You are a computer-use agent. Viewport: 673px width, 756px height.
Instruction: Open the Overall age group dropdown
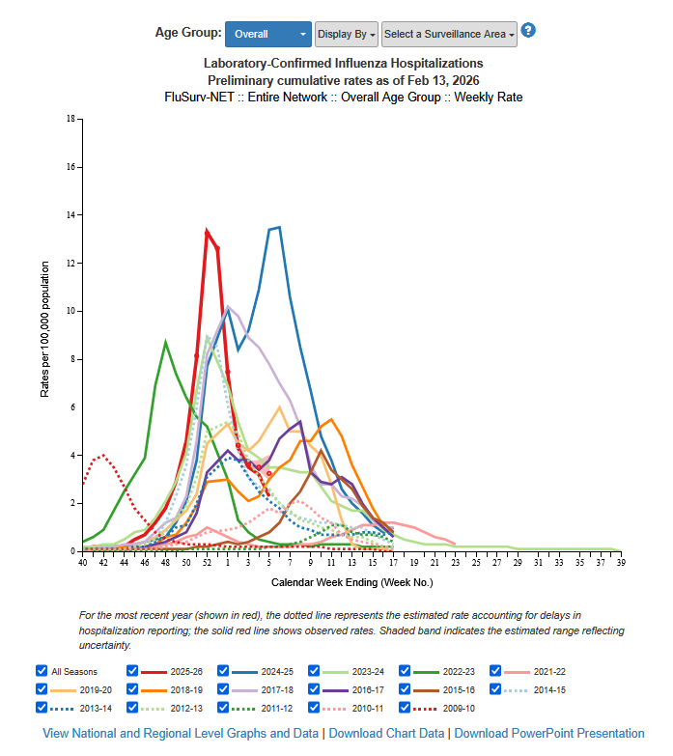pyautogui.click(x=267, y=34)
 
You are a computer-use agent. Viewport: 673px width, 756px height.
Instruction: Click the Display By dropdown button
pyautogui.click(x=346, y=34)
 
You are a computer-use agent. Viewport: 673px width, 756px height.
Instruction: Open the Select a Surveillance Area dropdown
pyautogui.click(x=449, y=34)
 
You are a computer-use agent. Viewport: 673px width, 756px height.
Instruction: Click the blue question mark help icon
pyautogui.click(x=528, y=30)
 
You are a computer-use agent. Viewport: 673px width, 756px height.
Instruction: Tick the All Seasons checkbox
pyautogui.click(x=42, y=670)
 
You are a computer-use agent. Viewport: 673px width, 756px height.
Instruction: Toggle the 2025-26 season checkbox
pyautogui.click(x=133, y=670)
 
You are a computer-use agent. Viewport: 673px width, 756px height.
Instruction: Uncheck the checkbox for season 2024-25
pyautogui.click(x=224, y=670)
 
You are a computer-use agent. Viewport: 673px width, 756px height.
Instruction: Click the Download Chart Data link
pyautogui.click(x=386, y=734)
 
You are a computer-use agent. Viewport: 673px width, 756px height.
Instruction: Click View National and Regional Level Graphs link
pyautogui.click(x=182, y=734)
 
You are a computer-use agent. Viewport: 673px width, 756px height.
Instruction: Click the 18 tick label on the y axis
pyautogui.click(x=70, y=119)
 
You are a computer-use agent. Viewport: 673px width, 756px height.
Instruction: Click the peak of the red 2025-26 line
pyautogui.click(x=207, y=231)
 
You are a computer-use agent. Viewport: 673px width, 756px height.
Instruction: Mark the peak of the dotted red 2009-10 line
pyautogui.click(x=102, y=455)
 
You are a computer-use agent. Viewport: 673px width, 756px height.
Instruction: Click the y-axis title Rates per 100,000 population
pyautogui.click(x=44, y=329)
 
